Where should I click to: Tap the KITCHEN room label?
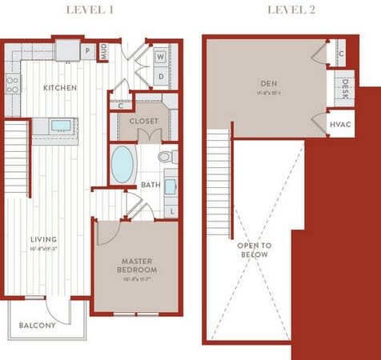click(60, 87)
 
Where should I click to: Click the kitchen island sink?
click(60, 125)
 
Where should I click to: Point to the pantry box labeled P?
click(87, 50)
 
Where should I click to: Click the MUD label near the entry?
click(104, 52)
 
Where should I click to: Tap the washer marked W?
click(160, 57)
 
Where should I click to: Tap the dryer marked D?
click(160, 77)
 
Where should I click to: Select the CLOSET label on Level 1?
click(144, 121)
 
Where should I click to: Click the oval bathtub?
click(122, 164)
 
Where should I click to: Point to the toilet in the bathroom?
click(166, 157)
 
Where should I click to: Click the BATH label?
click(150, 185)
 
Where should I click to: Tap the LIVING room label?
click(44, 238)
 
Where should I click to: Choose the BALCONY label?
click(37, 326)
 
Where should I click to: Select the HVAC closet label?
click(339, 125)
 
